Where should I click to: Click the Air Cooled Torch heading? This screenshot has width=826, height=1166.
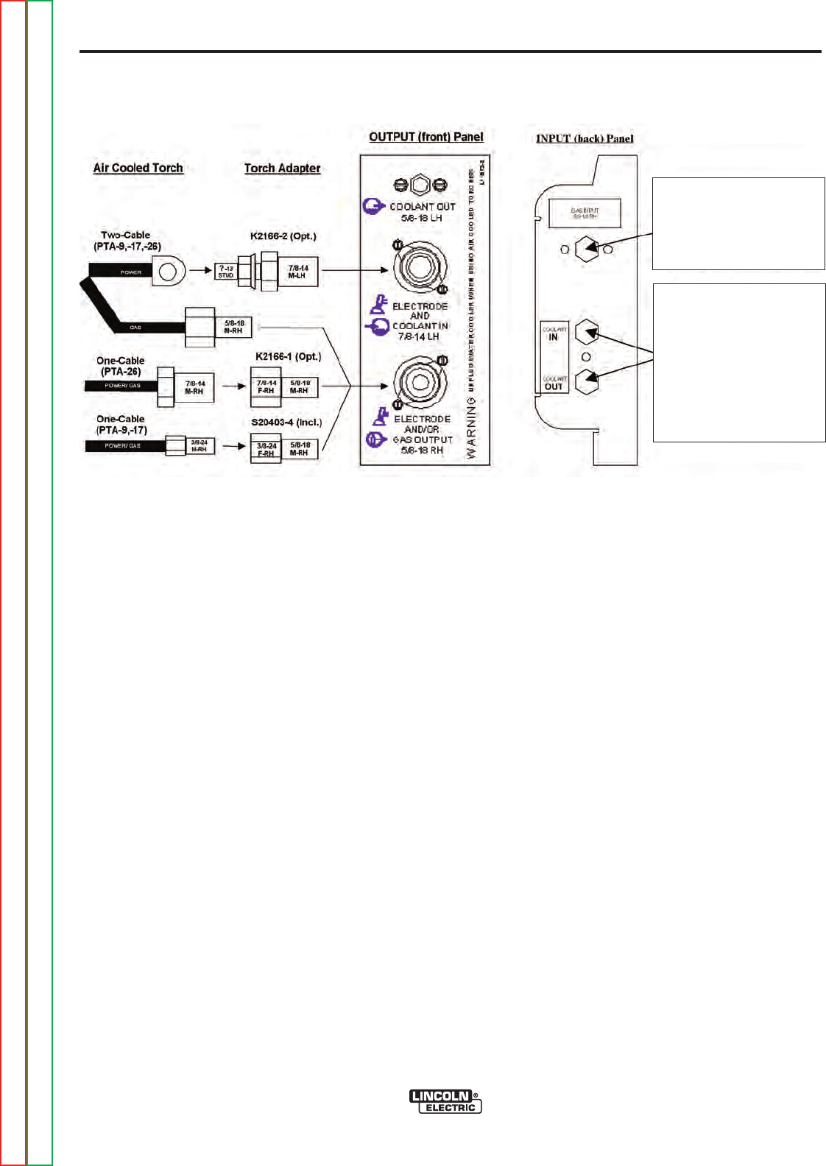coord(138,168)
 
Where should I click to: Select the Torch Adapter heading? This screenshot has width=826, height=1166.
coord(282,169)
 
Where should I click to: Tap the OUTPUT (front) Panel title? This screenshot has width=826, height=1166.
coord(426,137)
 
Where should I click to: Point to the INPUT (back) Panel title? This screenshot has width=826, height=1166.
coord(585,138)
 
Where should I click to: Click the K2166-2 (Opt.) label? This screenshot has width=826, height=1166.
coord(283,236)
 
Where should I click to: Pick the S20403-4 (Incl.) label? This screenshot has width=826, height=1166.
coord(286,423)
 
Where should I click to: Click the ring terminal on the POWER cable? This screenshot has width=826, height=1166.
coord(168,272)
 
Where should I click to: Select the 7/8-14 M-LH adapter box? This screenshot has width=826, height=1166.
coord(298,272)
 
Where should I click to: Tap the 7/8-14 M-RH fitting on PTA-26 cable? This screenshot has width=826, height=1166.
coord(194,387)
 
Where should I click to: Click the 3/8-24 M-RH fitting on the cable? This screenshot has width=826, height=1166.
coord(199,445)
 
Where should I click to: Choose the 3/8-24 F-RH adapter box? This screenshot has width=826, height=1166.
coord(266,449)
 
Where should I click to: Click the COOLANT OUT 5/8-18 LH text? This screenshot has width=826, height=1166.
coord(422,212)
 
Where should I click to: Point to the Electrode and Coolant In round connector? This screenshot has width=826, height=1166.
coord(420,267)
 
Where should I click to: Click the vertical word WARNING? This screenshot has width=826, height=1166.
coord(471,428)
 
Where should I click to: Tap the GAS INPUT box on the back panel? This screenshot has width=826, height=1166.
coord(585,213)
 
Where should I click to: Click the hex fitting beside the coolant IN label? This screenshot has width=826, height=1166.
coord(586,333)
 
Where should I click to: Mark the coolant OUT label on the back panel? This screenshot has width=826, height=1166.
coord(554,384)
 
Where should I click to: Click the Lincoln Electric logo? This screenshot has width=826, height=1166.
coord(445,1101)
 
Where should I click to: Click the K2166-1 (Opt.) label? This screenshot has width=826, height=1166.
coord(288,357)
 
